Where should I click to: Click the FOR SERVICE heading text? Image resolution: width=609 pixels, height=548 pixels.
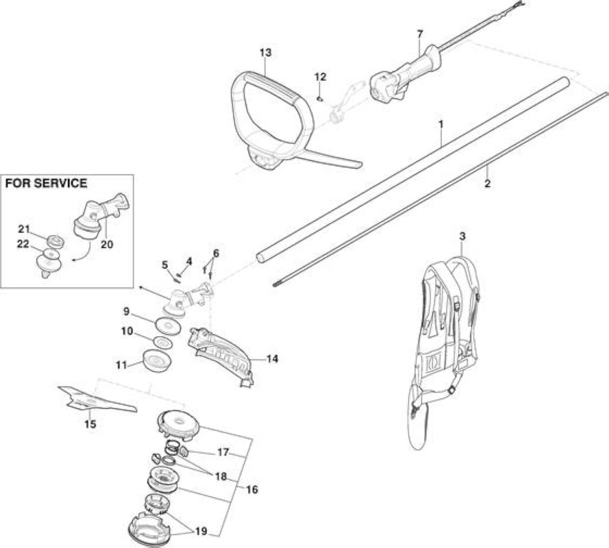coord(46,183)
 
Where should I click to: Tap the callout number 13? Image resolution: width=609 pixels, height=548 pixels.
coord(265,53)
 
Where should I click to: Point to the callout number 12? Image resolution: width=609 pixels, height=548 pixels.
coord(320,77)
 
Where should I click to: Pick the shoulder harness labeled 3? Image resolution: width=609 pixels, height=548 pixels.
coord(445,349)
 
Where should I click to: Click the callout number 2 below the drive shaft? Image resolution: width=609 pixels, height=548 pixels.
coord(488,184)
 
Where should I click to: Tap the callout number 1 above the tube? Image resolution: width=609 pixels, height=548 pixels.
coord(441,125)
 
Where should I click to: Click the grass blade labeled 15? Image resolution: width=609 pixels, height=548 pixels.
coord(97,400)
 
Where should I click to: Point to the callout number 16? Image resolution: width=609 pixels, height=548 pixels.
coord(252,489)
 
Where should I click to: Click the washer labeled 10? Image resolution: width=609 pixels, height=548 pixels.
coord(163,343)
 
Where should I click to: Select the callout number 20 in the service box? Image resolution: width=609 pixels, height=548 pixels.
coord(107,245)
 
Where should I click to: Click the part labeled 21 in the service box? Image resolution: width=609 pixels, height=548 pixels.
coord(55,242)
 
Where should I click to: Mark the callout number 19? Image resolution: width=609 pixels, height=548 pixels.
coord(201,532)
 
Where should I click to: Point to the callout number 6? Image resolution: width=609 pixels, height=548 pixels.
coord(216,253)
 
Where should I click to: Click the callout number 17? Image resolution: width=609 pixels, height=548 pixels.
coord(223,453)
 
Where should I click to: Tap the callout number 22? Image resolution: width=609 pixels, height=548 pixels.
coord(24,245)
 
